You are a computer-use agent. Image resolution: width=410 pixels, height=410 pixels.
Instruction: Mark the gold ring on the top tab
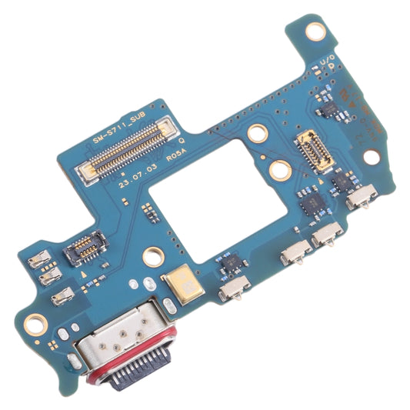pos(315,32)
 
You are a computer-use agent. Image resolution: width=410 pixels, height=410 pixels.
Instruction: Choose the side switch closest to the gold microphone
pos(232,290)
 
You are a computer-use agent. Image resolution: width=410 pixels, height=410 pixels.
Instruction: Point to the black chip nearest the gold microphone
pos(228,265)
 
